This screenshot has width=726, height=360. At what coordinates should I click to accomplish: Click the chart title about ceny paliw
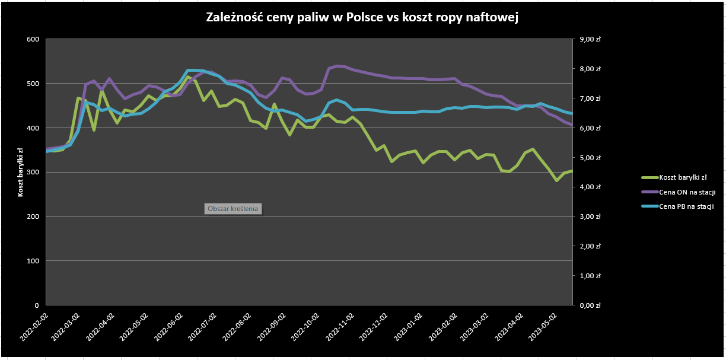(x=362, y=18)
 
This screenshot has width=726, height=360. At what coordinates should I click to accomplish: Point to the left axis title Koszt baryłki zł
(x=21, y=172)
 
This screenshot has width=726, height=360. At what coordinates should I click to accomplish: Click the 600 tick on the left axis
(x=33, y=39)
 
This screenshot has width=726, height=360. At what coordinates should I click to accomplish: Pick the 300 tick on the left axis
(x=33, y=173)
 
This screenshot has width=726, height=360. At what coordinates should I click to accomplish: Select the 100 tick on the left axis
(x=33, y=261)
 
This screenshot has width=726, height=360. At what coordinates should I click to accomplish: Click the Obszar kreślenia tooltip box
(x=233, y=209)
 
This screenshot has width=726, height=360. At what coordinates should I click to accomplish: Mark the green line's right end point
(x=572, y=171)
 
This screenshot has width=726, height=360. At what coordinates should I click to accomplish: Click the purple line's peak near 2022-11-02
(x=337, y=66)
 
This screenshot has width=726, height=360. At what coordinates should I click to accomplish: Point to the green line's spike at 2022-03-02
(x=78, y=98)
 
